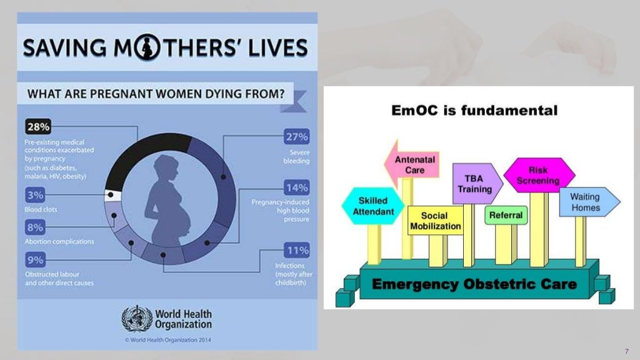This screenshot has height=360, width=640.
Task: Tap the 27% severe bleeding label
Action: (x=297, y=137)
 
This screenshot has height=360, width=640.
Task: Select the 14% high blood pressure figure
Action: (x=297, y=187)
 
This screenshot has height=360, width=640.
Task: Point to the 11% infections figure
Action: (x=297, y=251)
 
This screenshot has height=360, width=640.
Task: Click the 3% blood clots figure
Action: (x=35, y=195)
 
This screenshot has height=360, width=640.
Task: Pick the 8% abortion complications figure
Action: (x=35, y=227)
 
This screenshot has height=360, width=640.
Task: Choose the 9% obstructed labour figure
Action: (x=35, y=259)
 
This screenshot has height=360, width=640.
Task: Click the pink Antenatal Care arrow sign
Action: (x=413, y=164)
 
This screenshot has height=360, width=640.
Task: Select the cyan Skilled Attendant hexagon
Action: (x=373, y=206)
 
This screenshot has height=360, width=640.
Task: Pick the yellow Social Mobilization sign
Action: (x=436, y=221)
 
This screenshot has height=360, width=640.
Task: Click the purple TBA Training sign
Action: (x=476, y=183)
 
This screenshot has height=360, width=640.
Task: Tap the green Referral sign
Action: (x=506, y=216)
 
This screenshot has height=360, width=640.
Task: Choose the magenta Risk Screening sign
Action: (x=538, y=175)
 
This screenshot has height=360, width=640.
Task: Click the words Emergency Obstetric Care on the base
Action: (x=474, y=284)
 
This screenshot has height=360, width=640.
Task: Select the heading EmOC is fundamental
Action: (x=474, y=111)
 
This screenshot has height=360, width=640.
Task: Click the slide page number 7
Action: (x=626, y=350)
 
